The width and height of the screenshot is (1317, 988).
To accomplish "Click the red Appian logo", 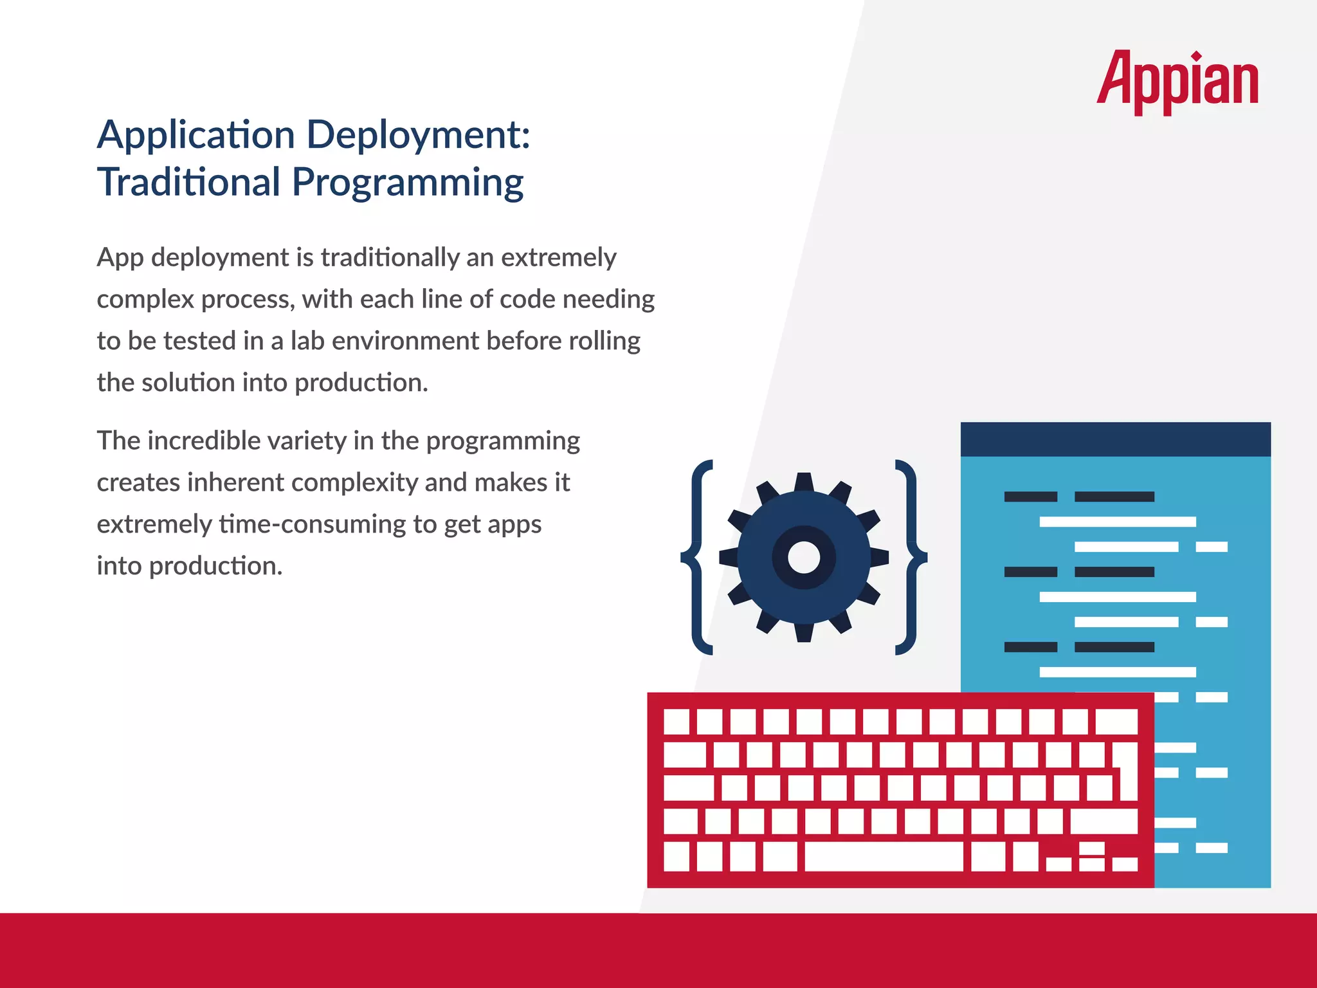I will coord(1177,81).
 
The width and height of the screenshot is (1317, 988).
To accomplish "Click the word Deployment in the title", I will coord(418,135).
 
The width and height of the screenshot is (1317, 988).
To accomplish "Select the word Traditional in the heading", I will coord(189,182).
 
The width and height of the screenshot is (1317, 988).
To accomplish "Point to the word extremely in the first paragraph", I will coord(558,257).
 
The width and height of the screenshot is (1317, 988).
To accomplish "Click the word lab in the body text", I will coord(307,341).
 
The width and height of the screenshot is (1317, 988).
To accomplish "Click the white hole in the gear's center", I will coord(804,557).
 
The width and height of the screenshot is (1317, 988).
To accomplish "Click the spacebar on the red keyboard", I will coord(884,857).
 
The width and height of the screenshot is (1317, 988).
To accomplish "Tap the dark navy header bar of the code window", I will coord(1115,439).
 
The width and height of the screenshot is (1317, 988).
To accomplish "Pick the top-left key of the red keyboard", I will coord(676,722).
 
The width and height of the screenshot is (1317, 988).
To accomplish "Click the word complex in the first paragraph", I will coord(145,300).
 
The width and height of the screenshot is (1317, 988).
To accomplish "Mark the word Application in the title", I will coord(196,135).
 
